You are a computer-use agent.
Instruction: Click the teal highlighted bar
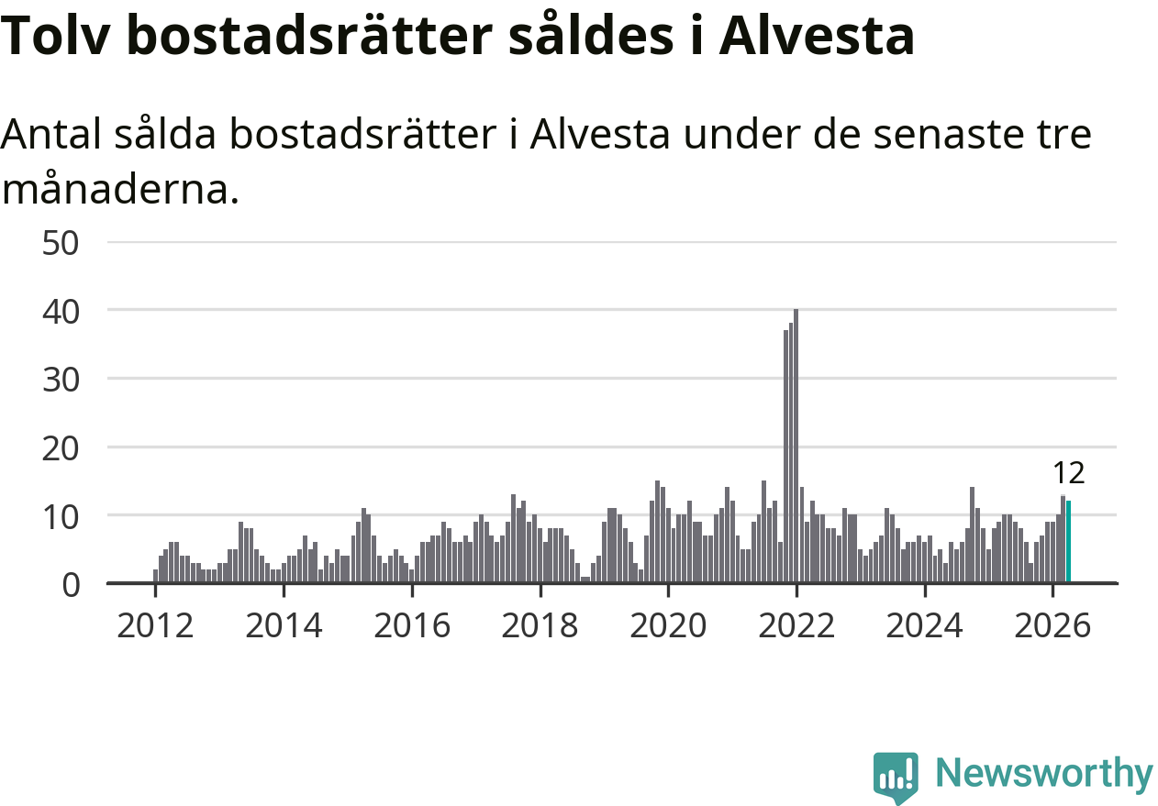(x=1068, y=542)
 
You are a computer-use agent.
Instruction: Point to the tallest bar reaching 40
(x=796, y=446)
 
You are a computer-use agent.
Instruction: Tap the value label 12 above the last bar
(x=1069, y=473)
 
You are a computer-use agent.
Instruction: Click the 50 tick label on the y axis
(x=61, y=243)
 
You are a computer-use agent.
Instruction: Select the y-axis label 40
(x=61, y=312)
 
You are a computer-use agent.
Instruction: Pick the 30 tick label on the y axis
(x=61, y=381)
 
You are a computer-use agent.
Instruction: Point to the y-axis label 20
(x=61, y=448)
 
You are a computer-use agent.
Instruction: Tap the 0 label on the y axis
(x=71, y=585)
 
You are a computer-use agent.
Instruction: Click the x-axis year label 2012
(x=155, y=626)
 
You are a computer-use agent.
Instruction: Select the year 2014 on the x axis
(x=284, y=626)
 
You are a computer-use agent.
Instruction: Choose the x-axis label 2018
(x=540, y=626)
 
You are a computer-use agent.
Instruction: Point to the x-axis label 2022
(x=796, y=626)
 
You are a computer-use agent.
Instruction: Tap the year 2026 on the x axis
(x=1052, y=626)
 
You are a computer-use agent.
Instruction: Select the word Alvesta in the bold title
(x=817, y=35)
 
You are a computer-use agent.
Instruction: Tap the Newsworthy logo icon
(x=896, y=777)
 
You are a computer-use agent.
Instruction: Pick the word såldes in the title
(x=592, y=35)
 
